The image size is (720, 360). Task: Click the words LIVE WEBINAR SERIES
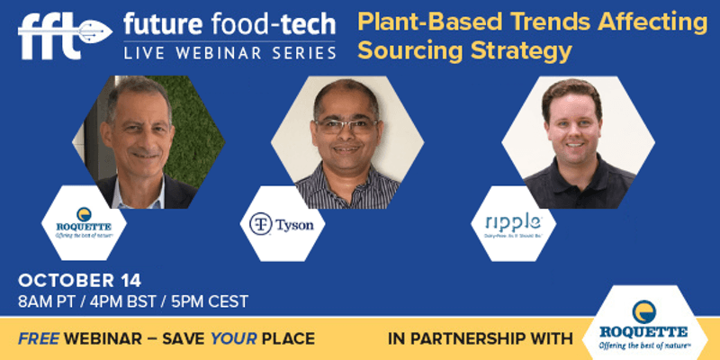230,53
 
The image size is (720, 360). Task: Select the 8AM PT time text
50,300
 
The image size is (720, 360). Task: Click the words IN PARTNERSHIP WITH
480,339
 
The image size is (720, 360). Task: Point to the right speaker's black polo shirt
576,189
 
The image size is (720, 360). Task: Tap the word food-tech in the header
275,22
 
